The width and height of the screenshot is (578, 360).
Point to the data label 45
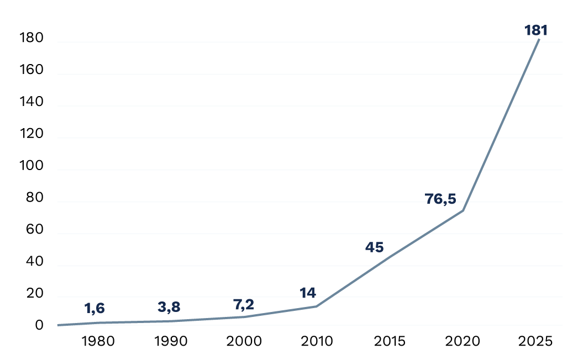pos(374,247)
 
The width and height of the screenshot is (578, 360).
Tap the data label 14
pos(308,293)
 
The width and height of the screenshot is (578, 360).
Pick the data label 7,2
pos(244,304)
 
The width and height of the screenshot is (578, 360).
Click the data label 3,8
pos(169,307)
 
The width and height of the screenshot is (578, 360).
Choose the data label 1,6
pos(94,308)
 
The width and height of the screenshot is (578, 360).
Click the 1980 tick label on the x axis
pos(98,341)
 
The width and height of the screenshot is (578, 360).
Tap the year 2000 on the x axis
pos(244,341)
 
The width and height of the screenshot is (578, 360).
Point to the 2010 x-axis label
pos(317,341)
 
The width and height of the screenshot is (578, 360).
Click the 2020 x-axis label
pos(463,341)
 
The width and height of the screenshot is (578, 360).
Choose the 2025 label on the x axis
pos(535,341)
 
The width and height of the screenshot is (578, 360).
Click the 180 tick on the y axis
pos(31,39)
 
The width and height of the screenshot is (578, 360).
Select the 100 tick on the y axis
pos(31,166)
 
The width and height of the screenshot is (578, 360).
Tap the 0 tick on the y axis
pos(39,325)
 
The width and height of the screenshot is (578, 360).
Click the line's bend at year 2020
pos(463,210)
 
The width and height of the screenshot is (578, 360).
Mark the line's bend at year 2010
pos(317,306)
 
